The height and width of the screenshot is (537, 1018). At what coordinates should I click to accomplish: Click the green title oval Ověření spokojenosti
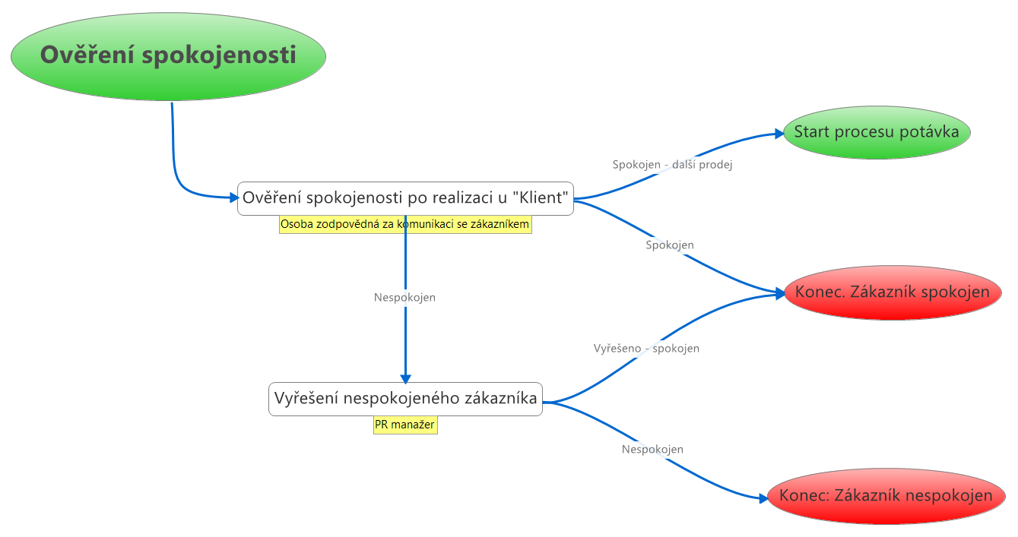click(168, 56)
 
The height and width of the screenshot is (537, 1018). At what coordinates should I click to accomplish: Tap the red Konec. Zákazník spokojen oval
click(892, 292)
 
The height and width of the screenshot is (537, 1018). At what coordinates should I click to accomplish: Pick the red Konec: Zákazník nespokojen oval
click(886, 496)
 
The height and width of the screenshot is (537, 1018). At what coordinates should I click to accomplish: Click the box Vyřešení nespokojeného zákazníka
click(405, 399)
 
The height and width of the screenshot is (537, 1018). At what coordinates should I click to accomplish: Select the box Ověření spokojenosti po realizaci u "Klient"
click(405, 199)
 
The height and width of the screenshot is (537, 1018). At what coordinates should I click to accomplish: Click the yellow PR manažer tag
click(405, 425)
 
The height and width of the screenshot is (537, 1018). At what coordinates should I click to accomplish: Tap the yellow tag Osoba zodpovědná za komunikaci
click(404, 224)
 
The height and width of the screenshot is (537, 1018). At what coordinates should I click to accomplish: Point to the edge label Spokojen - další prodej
click(672, 164)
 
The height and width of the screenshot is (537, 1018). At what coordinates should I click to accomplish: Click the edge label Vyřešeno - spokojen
click(646, 349)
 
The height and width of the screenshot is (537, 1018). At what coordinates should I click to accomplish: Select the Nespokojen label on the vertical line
click(404, 298)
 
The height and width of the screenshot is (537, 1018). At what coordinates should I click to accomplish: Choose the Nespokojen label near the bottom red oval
click(652, 450)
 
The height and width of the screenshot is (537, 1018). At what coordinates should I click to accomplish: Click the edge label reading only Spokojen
click(669, 245)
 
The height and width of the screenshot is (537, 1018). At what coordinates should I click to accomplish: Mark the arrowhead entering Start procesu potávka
click(779, 134)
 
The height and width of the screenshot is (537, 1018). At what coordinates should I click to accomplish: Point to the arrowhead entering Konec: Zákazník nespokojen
click(763, 498)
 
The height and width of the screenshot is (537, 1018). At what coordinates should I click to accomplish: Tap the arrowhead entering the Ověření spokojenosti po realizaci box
click(234, 198)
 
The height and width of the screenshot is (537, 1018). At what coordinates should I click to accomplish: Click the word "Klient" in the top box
click(541, 199)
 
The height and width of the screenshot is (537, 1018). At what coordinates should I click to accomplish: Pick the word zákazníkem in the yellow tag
click(499, 224)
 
